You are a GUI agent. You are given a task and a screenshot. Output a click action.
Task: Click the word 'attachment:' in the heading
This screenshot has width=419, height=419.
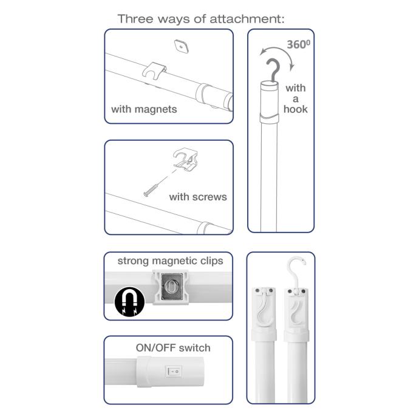click(x=247, y=19)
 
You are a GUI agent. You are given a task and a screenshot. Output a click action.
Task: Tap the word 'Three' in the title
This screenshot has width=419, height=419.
click(x=135, y=19)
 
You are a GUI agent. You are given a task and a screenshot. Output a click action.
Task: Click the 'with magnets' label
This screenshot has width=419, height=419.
click(x=144, y=109)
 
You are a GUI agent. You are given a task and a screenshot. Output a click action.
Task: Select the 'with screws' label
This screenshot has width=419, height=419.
click(x=198, y=197)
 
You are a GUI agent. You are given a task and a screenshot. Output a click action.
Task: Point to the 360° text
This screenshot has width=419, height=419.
click(x=299, y=44)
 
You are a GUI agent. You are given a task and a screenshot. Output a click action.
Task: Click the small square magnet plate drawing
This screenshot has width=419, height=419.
click(x=182, y=46)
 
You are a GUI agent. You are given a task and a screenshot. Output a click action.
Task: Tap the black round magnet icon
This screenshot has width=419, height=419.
click(x=129, y=302)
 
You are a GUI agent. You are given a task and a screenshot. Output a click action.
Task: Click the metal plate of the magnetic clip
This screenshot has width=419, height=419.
click(x=171, y=287)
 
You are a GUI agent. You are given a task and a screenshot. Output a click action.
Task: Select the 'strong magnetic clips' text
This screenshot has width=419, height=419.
click(x=170, y=261)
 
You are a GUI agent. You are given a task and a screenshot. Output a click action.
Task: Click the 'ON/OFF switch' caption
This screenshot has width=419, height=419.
click(x=173, y=348)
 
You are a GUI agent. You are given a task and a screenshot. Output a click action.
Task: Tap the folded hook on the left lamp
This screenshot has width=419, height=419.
click(x=263, y=307)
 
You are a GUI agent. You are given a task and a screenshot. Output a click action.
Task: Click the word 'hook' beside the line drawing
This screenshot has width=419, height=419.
click(x=296, y=109)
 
